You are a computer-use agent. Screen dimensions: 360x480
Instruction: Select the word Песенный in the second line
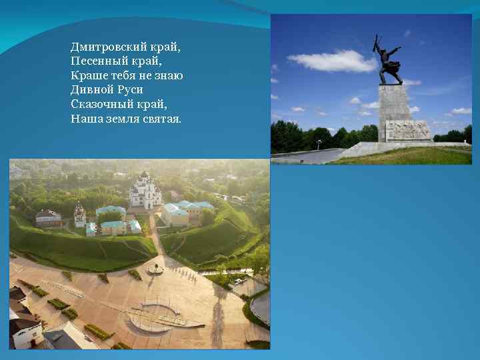tap(95, 61)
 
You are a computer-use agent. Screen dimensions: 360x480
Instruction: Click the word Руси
tap(130, 90)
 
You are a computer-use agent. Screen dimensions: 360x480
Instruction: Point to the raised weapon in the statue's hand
tap(377, 44)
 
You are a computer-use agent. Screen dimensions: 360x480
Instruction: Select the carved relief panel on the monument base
tap(407, 130)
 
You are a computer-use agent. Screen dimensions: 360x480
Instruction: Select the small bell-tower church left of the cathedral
tap(79, 215)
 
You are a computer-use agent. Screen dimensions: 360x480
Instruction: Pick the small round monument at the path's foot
tap(155, 269)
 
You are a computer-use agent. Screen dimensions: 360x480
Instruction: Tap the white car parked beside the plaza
tap(238, 281)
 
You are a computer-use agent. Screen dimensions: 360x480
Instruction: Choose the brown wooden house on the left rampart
tap(48, 219)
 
